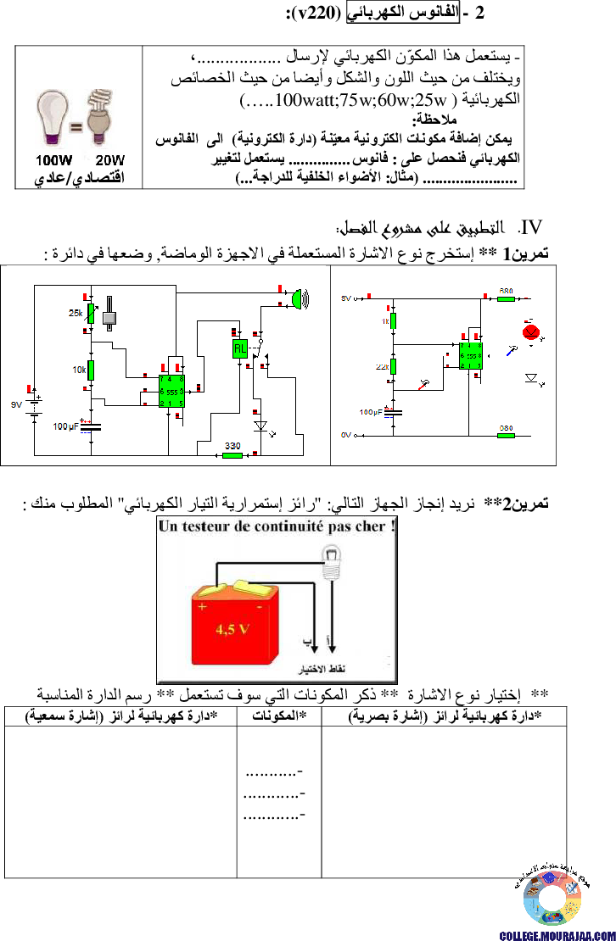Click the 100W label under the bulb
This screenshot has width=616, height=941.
53,160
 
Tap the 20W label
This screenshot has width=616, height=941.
109,160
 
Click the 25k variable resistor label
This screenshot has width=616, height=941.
76,314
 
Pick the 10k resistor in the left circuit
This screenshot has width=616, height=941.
90,370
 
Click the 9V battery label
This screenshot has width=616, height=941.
16,405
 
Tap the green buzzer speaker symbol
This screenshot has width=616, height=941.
297,298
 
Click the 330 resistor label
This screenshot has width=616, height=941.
232,445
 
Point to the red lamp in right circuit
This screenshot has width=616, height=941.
531,331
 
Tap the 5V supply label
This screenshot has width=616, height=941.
345,298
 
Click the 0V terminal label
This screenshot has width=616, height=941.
345,434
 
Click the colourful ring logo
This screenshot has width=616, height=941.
552,899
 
